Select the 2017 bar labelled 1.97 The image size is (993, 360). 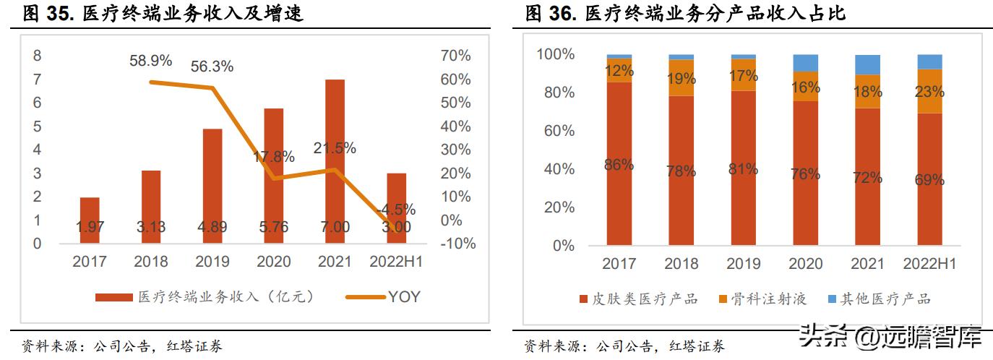pyautogui.click(x=90, y=220)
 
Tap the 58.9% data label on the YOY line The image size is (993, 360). pyautogui.click(x=150, y=61)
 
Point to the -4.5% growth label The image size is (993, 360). pyautogui.click(x=397, y=210)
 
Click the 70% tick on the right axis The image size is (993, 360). pyautogui.click(x=455, y=56)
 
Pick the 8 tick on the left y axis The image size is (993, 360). pyautogui.click(x=38, y=56)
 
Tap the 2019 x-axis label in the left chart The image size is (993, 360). pyautogui.click(x=212, y=262)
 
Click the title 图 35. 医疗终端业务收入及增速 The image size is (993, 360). pyautogui.click(x=163, y=13)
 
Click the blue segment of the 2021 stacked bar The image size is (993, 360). pyautogui.click(x=867, y=64)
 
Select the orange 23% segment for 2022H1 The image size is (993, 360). pyautogui.click(x=929, y=91)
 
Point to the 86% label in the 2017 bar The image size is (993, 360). pyautogui.click(x=619, y=165)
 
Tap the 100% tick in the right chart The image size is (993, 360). pyautogui.click(x=555, y=54)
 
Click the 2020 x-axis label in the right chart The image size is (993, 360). pyautogui.click(x=805, y=264)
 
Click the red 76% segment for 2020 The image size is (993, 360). pyautogui.click(x=805, y=173)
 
